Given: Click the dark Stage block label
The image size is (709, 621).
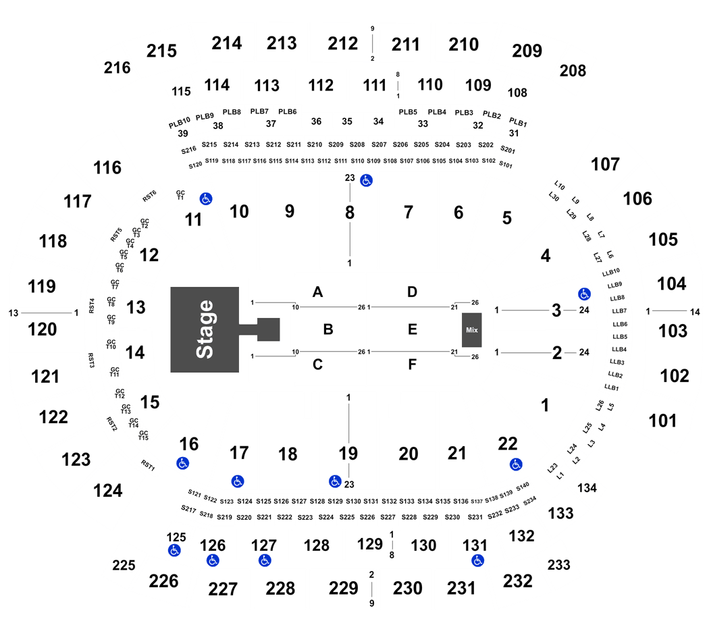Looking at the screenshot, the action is pos(205,329).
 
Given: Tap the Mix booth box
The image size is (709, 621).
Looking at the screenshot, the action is pos(471,330).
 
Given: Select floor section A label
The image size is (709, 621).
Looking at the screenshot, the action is pos(317,292).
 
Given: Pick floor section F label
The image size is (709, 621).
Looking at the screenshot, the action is pos(412,364).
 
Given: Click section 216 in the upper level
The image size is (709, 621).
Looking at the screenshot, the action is pos(117,67).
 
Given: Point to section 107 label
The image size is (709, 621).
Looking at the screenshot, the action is pos(605,164).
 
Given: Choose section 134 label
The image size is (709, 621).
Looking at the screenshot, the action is pos(587,487).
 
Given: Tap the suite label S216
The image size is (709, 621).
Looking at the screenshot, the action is pos(188,150).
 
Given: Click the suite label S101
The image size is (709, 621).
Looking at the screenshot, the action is pos(506,165).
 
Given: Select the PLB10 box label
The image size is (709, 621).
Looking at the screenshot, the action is pos(180,123).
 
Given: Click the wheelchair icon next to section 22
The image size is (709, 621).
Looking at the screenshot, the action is pos(516,464).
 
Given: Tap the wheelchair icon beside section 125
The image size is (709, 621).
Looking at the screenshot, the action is pos(174,551).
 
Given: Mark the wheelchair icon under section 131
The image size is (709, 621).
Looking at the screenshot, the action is pos(477,560).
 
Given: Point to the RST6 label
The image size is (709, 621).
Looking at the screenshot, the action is pos(149,196).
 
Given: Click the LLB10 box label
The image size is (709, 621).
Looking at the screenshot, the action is pos(611,272).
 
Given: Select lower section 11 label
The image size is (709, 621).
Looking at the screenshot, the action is pos(193,220).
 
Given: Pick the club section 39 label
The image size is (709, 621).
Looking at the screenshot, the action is pos(183,134).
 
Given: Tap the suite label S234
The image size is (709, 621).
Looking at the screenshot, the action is pos(529,501).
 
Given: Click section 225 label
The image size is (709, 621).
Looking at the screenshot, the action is pos(124,566).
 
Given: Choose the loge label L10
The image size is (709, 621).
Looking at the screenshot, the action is pos(559,186).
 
